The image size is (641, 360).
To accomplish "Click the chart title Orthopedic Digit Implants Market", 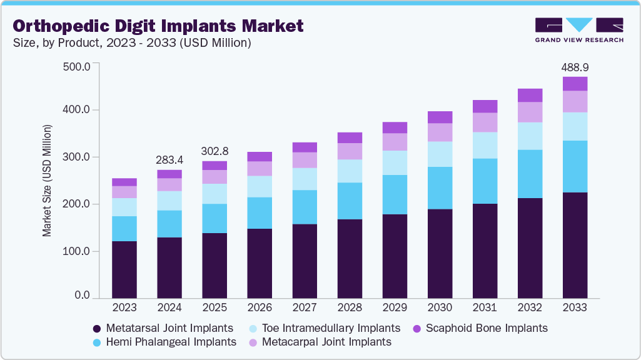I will tap(158, 26).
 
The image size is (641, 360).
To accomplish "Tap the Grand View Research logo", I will tap(579, 30).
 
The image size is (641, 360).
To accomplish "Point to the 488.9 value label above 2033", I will tap(575, 67).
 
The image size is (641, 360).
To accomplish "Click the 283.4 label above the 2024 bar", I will tap(169, 161).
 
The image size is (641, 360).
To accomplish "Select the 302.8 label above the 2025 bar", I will tap(215, 151).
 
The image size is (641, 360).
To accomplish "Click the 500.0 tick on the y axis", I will tap(78, 66).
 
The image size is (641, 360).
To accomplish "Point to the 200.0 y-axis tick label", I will tap(78, 204).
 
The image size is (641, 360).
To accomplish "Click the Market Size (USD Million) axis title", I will tap(47, 181).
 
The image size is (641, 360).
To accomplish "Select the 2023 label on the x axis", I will tap(124, 307).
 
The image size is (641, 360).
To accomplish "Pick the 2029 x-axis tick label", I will tap(395, 307).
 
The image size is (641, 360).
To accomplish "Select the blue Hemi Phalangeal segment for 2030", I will tap(440, 188).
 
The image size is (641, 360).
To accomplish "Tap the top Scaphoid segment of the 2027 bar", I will tap(305, 147).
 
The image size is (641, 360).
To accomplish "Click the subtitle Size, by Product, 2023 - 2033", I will tap(132, 43).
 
